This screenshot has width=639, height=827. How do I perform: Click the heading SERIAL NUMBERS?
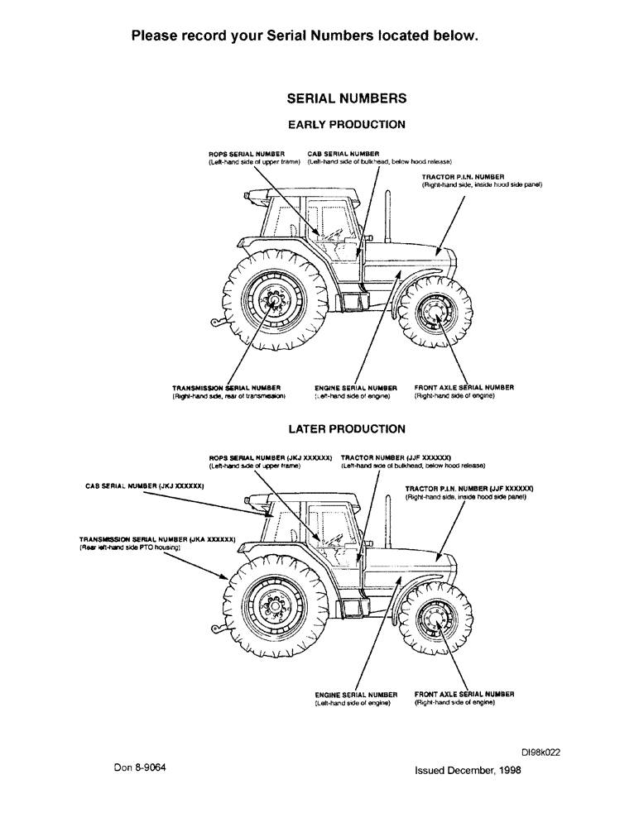click(346, 98)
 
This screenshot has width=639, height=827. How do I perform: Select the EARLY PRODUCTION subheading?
click(346, 125)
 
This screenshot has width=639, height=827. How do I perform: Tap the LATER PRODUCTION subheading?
click(346, 429)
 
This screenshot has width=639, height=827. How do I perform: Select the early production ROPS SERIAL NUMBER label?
click(247, 154)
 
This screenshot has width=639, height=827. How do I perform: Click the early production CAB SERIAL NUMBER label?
click(343, 154)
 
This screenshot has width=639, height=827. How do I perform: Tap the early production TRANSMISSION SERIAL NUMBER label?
click(226, 387)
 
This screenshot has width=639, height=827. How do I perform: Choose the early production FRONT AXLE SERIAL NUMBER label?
click(464, 387)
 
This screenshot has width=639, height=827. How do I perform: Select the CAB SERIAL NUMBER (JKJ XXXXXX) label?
click(145, 487)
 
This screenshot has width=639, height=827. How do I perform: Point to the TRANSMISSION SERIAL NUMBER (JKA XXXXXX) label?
click(157, 538)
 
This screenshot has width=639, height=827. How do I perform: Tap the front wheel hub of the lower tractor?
click(433, 618)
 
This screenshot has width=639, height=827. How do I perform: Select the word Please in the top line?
click(156, 36)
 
